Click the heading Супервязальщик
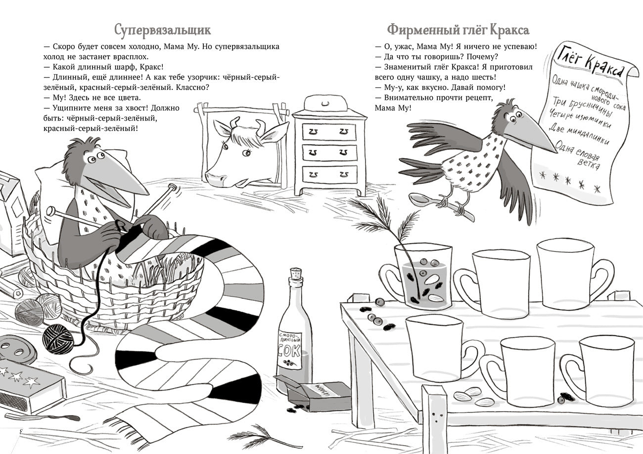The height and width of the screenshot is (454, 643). pos(162,30)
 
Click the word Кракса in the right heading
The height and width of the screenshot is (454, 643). pos(509,30)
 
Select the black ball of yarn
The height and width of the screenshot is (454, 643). pos(58,338)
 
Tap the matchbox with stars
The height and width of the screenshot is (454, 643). pos(30,385)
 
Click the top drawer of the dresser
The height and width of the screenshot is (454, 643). pos(329,131)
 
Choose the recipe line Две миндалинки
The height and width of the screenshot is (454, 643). pos(579,134)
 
